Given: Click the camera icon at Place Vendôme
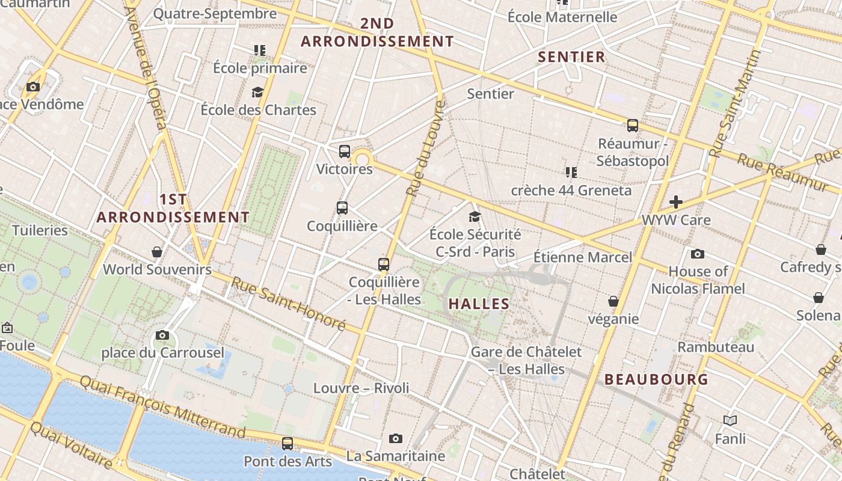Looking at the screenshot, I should (x=33, y=87).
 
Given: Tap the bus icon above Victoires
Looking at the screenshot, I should (x=345, y=152).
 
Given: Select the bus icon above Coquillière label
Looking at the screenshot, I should (x=342, y=208).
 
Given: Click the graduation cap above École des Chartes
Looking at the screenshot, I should (x=258, y=92).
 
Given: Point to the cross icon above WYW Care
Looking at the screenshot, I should (x=676, y=202).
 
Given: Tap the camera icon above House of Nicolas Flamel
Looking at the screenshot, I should (x=698, y=254).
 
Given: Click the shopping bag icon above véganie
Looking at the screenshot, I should (x=613, y=301).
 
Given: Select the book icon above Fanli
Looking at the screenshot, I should (x=730, y=421).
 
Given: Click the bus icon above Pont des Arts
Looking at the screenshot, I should (x=287, y=444).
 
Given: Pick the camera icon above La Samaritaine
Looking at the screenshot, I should (x=395, y=438).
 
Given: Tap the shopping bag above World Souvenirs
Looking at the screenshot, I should (x=157, y=251).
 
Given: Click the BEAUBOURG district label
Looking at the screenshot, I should (x=656, y=379).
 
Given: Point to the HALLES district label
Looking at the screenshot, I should (x=479, y=304).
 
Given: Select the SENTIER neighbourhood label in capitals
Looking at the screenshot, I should (x=571, y=57).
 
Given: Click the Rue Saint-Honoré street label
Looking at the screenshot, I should (x=289, y=304).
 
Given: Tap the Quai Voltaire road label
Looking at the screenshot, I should (x=71, y=446).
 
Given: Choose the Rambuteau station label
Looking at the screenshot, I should (x=716, y=347).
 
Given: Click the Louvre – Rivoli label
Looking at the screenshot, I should (x=361, y=388).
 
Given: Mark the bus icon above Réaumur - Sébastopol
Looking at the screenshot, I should (x=633, y=126).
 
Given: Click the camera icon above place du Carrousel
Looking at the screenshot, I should (x=162, y=335).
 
